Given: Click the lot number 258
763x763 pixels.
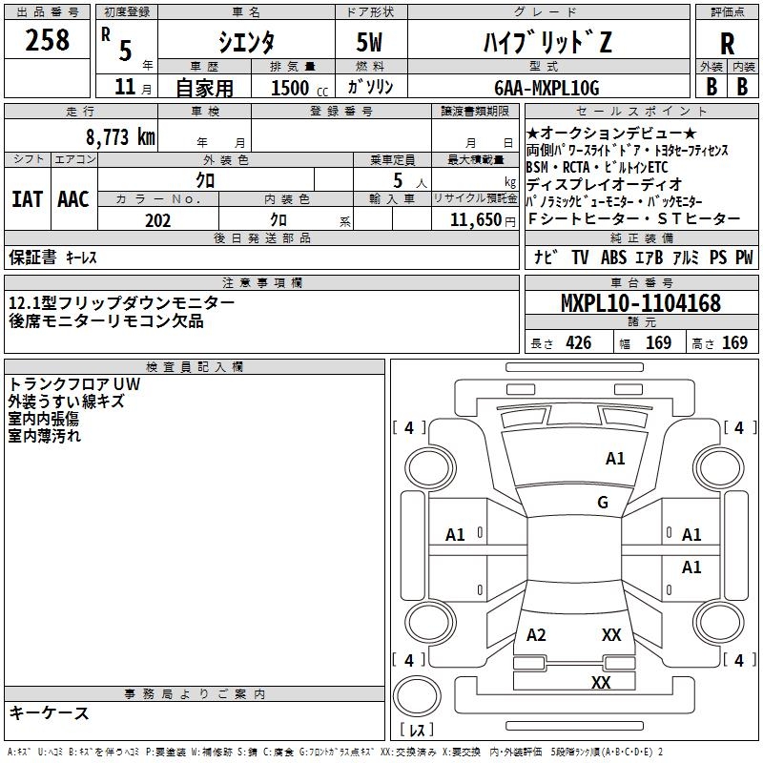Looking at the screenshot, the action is [x=48, y=40].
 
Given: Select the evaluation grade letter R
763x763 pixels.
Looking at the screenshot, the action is [x=727, y=44].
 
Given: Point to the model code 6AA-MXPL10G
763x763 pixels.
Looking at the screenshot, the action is [x=546, y=88].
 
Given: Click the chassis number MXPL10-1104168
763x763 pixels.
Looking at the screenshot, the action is [x=640, y=304].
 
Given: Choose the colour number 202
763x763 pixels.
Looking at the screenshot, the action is [x=157, y=220].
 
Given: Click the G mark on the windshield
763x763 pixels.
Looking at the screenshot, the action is [x=603, y=502].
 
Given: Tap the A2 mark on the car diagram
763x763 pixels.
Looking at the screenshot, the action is [x=536, y=635].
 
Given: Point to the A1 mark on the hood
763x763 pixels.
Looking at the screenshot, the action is [x=615, y=459].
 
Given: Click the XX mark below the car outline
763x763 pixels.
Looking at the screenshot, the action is [x=601, y=682].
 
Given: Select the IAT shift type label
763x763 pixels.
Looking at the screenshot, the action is [x=28, y=199].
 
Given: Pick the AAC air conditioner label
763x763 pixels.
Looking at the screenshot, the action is [x=73, y=199].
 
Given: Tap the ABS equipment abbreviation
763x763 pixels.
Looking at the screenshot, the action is [x=612, y=257].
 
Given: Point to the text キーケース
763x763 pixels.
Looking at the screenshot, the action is [x=50, y=712].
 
